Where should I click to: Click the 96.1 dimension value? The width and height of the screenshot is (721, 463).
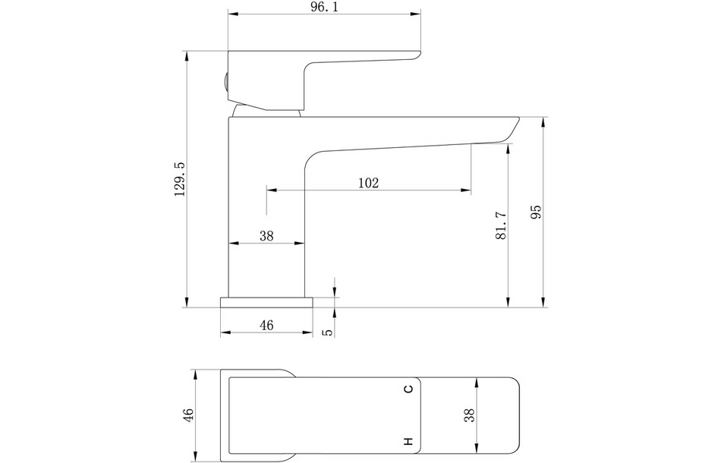coord(325,8)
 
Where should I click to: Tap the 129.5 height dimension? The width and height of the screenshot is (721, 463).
coord(180,179)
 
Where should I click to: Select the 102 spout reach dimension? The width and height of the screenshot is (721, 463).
coord(369,183)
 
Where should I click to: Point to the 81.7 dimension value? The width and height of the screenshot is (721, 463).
coord(501,225)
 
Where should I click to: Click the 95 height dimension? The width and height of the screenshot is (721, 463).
coord(536,212)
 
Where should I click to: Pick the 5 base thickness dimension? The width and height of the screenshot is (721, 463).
coord(327,332)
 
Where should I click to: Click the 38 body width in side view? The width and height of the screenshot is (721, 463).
coord(266,236)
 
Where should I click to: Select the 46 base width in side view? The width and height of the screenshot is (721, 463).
coord(266,326)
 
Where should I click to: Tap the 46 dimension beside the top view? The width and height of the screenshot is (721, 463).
coord(188,414)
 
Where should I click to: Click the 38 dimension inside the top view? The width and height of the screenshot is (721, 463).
coord(470,415)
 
